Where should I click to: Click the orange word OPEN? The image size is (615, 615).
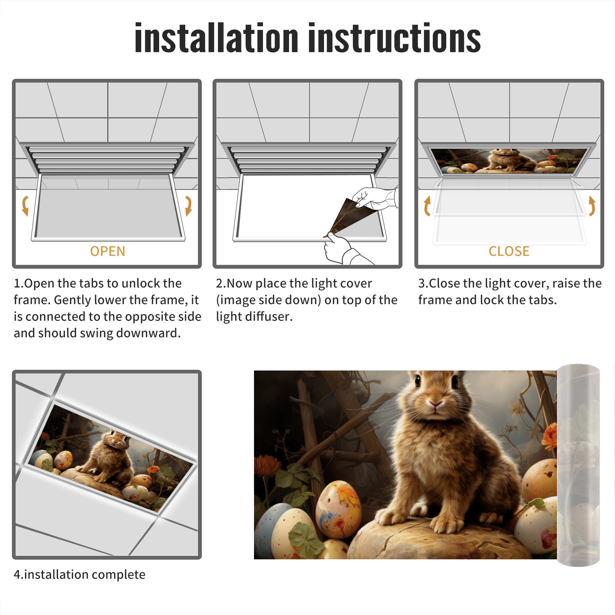pos(108,251)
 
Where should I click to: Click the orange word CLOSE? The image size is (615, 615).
pos(509,251)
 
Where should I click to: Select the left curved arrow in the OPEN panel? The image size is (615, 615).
pos(25,206)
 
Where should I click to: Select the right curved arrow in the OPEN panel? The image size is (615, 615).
pos(188,206)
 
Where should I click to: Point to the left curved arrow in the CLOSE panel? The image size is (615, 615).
pos(427,206)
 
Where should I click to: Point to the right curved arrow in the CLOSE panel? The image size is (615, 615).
pos(592,206)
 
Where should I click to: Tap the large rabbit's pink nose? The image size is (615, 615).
pos(435,404)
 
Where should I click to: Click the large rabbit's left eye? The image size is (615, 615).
pos(418,381)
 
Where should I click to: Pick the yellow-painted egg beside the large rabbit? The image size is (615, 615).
pos(338,509)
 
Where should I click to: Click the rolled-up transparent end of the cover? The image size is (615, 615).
pos(578,465)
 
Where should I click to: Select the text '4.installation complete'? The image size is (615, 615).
pos(80,575)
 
